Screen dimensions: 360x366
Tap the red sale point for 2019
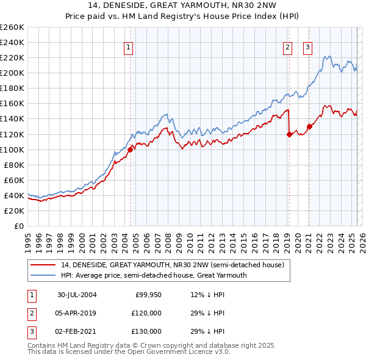pyautogui.click(x=289, y=134)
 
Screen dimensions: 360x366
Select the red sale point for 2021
pyautogui.click(x=309, y=127)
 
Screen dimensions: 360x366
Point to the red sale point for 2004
pyautogui.click(x=131, y=149)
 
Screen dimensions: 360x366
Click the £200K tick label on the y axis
pyautogui.click(x=12, y=73)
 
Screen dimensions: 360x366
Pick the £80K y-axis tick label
pyautogui.click(x=14, y=165)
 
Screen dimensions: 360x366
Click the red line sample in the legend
pyautogui.click(x=43, y=265)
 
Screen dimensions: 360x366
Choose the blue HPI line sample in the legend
pyautogui.click(x=43, y=275)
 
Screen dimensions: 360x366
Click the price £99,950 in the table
pyautogui.click(x=148, y=295)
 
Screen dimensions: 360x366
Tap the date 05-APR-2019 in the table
pyautogui.click(x=77, y=313)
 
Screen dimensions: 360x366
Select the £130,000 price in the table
pyautogui.click(x=146, y=331)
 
